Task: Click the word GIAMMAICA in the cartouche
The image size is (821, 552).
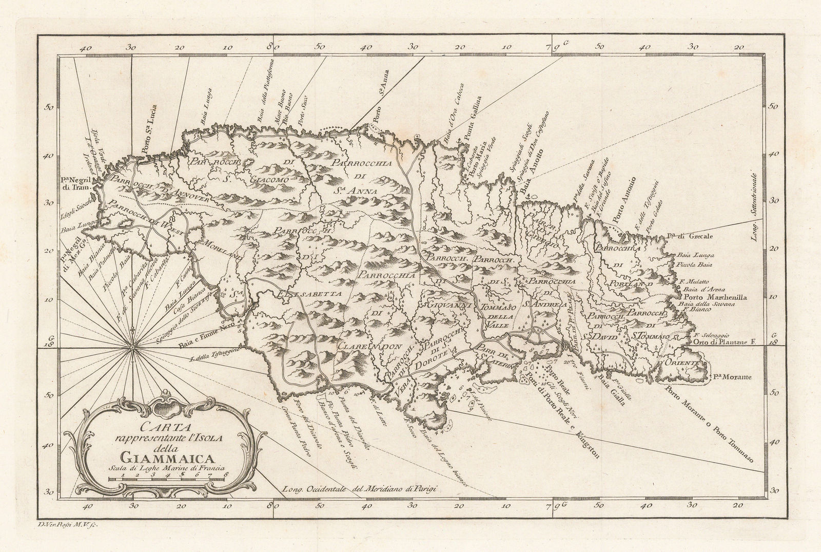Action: [162, 460]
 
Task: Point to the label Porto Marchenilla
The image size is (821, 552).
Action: [715, 297]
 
